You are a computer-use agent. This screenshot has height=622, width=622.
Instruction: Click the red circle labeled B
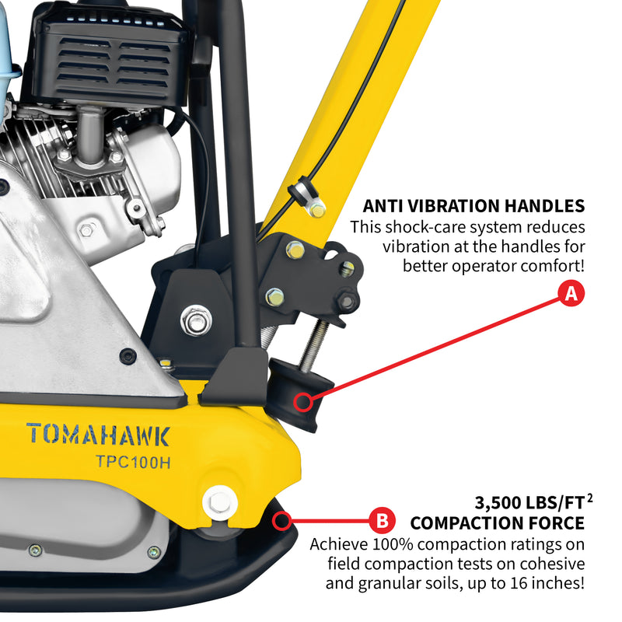click(x=382, y=519)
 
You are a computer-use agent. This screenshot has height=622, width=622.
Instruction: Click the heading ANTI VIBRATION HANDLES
click(x=473, y=206)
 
